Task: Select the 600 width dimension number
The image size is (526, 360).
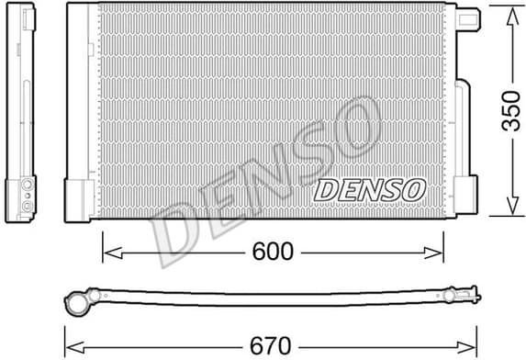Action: point(273,251)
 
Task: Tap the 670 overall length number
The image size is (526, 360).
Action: point(270,345)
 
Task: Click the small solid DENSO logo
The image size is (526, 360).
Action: point(370,190)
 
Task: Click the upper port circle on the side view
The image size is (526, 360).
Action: point(28,186)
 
